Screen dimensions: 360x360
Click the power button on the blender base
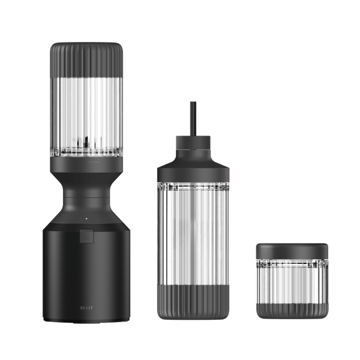point(86,236)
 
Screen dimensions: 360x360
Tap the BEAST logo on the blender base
point(86,308)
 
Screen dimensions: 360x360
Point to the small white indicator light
point(86,218)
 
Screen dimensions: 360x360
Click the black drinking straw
point(193,119)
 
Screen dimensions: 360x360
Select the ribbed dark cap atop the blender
point(86,59)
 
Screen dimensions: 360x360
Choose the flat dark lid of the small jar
point(292,251)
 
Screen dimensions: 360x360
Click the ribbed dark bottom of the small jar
point(292,311)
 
